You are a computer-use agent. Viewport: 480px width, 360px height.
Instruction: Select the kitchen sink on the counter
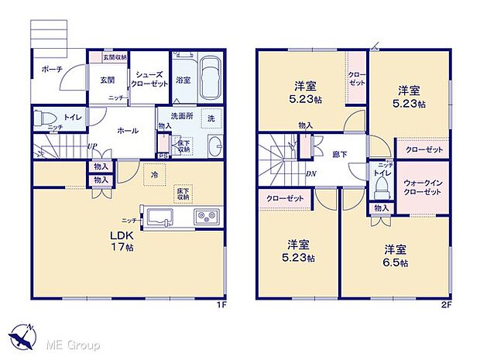158,214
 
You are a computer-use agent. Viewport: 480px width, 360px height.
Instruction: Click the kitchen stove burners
206,214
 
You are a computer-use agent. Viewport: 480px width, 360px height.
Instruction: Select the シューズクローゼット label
148,80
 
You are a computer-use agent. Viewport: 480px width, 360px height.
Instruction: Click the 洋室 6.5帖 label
395,255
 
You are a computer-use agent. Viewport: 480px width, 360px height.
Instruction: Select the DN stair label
310,174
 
